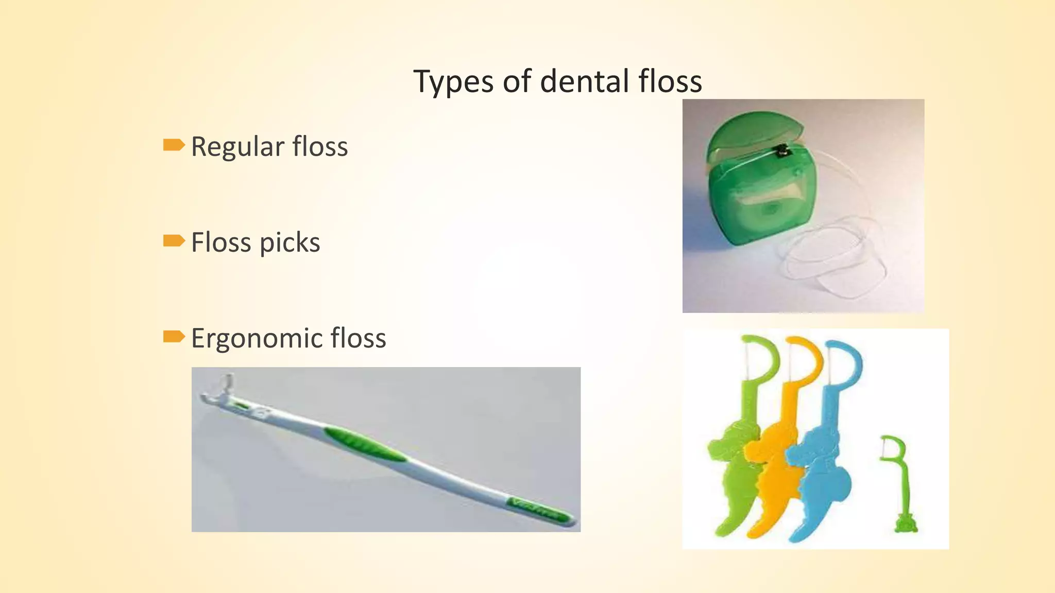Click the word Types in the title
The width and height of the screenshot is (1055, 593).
tap(453, 82)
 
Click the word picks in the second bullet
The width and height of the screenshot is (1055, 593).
tap(290, 243)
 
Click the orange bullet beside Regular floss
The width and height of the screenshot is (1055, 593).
tap(174, 145)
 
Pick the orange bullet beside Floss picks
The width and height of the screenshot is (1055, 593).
tap(174, 240)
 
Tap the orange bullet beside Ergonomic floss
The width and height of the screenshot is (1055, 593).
tap(174, 337)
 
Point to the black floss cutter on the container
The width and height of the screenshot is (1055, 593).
tap(782, 151)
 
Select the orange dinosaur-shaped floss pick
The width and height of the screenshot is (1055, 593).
tap(773, 463)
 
